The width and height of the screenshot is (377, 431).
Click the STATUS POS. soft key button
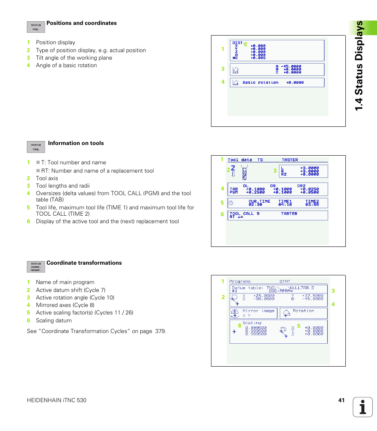click(x=36, y=27)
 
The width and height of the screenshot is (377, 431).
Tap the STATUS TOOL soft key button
click(x=36, y=147)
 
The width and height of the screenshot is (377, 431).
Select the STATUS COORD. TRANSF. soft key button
click(x=36, y=267)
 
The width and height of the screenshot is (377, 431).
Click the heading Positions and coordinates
click(x=81, y=23)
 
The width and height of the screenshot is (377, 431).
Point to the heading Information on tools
click(x=76, y=143)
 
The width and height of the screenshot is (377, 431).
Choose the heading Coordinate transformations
click(x=84, y=263)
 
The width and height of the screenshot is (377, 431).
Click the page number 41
click(x=341, y=400)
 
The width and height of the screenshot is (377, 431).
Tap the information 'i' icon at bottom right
click(x=363, y=407)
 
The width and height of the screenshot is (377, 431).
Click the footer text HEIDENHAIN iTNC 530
click(x=57, y=400)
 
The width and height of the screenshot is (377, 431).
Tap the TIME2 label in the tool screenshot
click(x=312, y=201)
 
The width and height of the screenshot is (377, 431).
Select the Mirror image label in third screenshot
click(x=258, y=311)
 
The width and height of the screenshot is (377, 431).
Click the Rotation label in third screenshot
click(x=303, y=311)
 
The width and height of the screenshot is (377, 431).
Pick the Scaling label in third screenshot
click(x=252, y=323)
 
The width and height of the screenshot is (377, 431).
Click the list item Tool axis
click(x=47, y=178)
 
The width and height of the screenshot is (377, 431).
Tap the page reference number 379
click(x=160, y=331)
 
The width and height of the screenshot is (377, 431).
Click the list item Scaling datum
click(x=54, y=320)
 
